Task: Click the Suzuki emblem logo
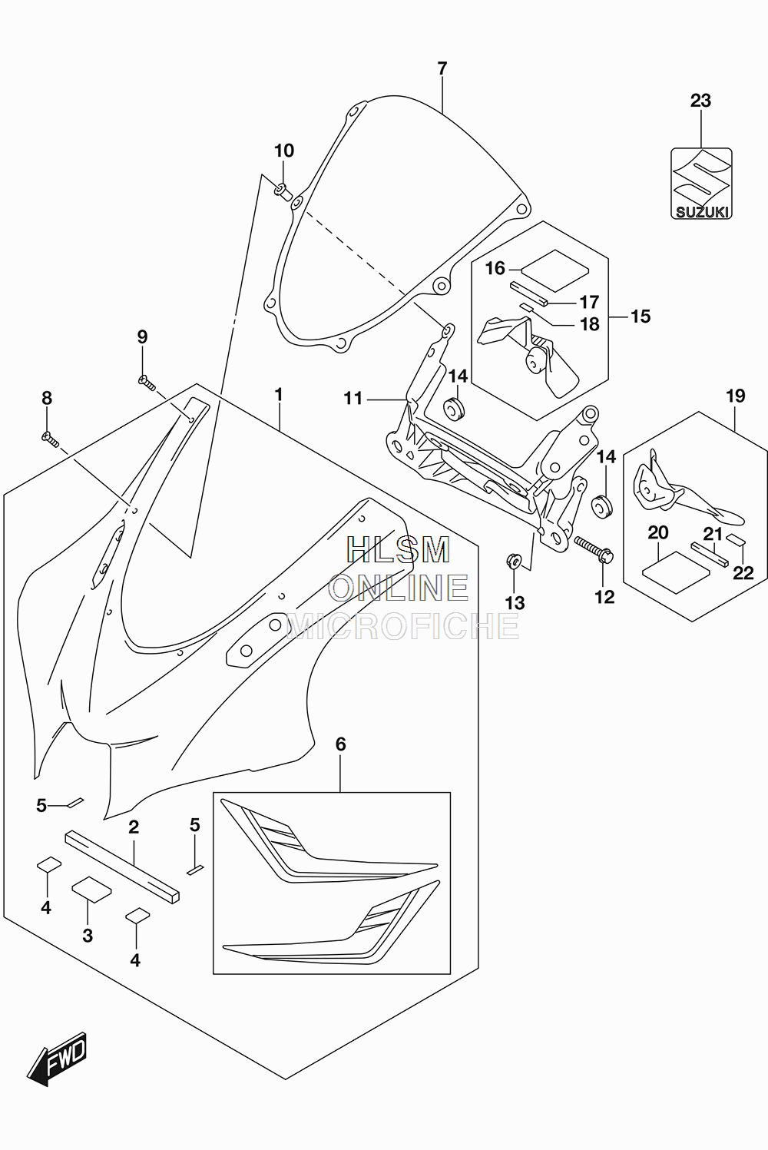pos(701,184)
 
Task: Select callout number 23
pos(700,101)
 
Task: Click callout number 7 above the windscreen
pos(442,68)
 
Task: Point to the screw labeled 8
pos(51,439)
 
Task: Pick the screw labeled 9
pos(147,383)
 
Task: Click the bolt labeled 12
pos(594,548)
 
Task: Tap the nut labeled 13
pos(513,561)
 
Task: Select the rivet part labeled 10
pos(283,192)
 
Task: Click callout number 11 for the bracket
pos(353,398)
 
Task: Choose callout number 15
pos(641,316)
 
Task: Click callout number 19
pos(736,396)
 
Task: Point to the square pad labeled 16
pos(555,270)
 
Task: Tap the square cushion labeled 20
pos(676,572)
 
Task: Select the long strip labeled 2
pos(123,867)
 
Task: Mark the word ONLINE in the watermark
pos(399,588)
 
